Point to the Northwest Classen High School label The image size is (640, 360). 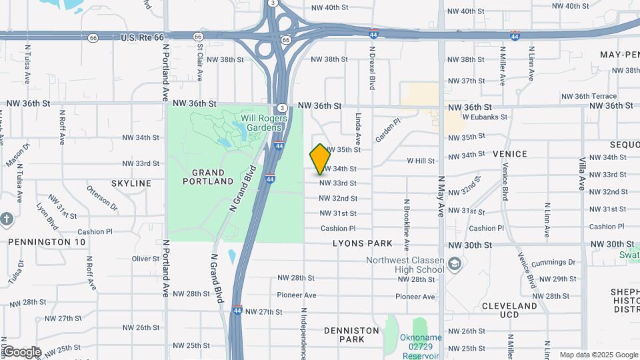pos(405,265)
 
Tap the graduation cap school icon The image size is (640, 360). pos(455,264)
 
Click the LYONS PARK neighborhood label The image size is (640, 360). pos(363,244)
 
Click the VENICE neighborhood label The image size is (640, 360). pos(510,154)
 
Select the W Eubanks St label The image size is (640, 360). pos(485,117)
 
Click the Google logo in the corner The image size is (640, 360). pos(21,352)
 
